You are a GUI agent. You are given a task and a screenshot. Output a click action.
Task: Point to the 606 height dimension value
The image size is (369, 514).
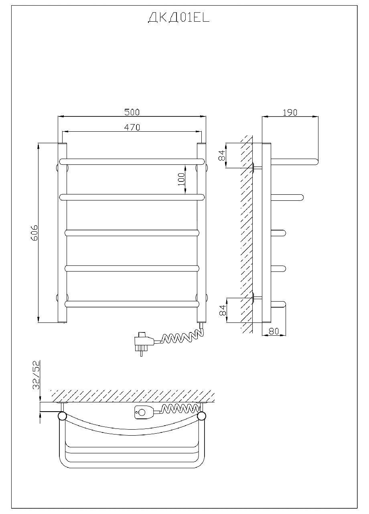pos(34,233)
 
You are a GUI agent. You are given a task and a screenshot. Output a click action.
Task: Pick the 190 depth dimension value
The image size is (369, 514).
pos(290,112)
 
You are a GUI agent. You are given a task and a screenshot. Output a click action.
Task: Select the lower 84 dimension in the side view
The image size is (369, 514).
pos(222,310)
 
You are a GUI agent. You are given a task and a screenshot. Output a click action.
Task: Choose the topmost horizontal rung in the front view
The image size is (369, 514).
pos(132,162)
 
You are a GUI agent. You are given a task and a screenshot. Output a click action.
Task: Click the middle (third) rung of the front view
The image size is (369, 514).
pos(132,233)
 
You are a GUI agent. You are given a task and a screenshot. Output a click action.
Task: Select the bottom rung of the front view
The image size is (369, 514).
pos(132,304)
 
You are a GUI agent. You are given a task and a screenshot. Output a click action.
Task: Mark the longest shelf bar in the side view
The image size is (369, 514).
pos(295,162)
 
